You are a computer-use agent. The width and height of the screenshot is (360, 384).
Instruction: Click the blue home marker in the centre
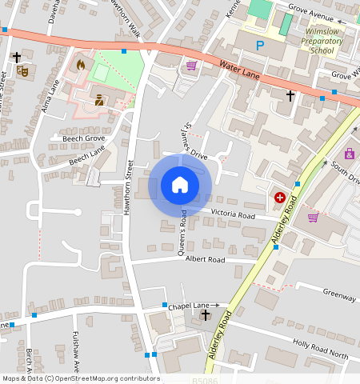tap(180, 186)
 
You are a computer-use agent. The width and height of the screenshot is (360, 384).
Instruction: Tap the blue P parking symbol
tap(259, 46)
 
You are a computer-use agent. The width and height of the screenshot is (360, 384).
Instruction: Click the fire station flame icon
tap(80, 64)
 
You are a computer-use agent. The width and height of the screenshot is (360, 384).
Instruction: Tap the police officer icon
tap(99, 100)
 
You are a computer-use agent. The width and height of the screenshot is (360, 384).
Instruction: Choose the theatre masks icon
tap(24, 71)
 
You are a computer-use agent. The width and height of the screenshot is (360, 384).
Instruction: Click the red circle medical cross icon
tap(280, 197)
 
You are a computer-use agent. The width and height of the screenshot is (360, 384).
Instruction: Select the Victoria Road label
tap(233, 215)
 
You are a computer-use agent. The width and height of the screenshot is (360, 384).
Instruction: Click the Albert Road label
tap(205, 260)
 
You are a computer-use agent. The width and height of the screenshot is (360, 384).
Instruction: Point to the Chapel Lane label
tap(189, 306)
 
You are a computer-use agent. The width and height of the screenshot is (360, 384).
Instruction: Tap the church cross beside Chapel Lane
tap(206, 315)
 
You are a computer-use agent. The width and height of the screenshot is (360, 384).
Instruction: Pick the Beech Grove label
tap(78, 138)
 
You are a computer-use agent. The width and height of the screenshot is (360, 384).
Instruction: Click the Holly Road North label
tap(321, 349)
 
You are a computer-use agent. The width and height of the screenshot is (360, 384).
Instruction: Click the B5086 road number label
tap(205, 378)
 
